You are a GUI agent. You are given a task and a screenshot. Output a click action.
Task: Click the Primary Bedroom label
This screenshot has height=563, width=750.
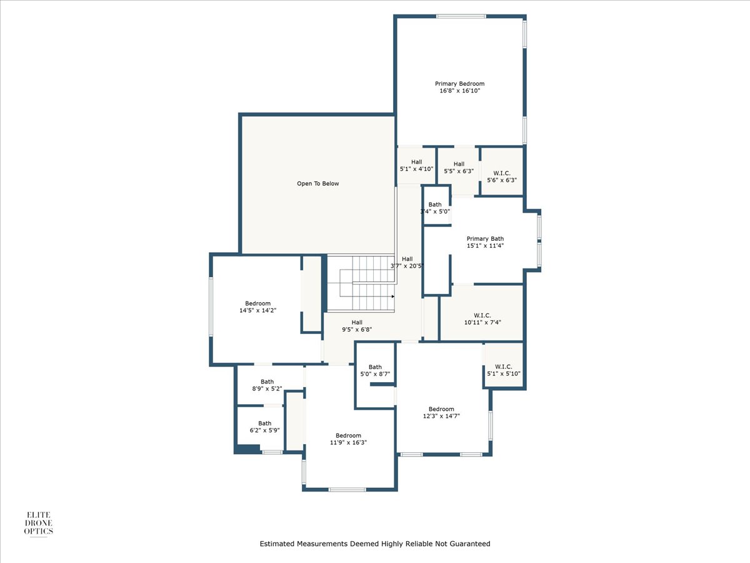(x=459, y=84)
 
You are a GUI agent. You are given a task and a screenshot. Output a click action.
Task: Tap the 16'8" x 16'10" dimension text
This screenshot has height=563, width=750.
(x=459, y=91)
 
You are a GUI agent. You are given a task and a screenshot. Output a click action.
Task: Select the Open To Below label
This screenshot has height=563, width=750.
(x=317, y=183)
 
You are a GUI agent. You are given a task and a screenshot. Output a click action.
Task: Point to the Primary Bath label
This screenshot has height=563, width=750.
(x=485, y=238)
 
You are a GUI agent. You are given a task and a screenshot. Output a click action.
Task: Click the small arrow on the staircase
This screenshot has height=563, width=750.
(x=393, y=297)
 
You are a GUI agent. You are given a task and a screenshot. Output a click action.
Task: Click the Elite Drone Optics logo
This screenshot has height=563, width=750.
(x=38, y=524)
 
